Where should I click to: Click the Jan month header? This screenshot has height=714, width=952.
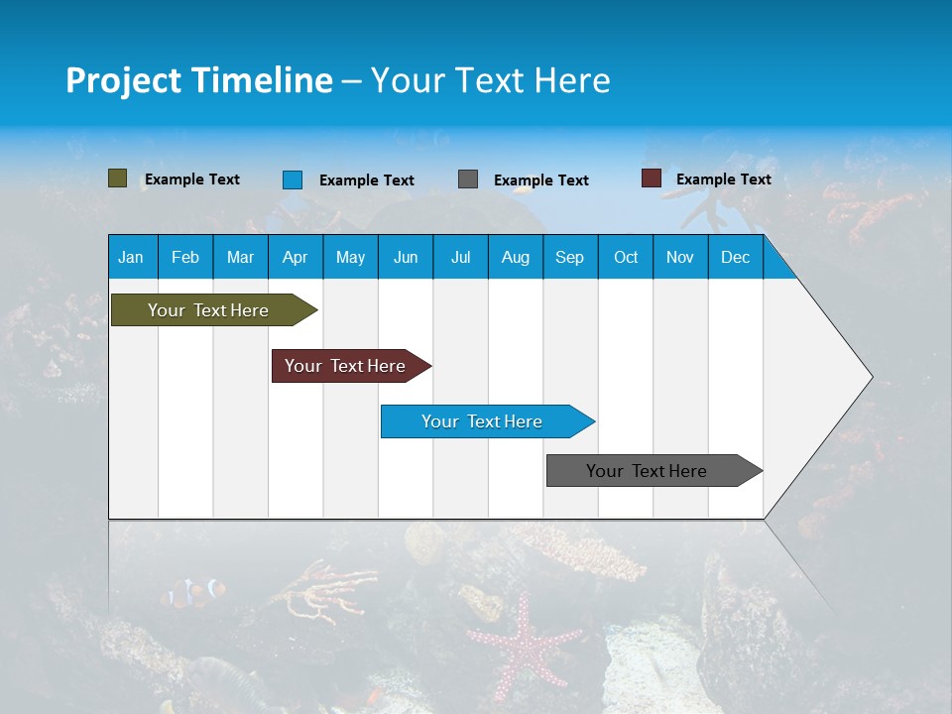(132, 257)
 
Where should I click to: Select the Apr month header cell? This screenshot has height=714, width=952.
(296, 257)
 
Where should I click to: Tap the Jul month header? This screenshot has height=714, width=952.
(460, 257)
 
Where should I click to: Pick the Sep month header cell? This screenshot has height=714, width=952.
(570, 257)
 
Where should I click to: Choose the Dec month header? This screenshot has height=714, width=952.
(735, 257)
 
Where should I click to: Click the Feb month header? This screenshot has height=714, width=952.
(185, 257)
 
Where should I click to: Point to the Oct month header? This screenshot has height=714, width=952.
(626, 257)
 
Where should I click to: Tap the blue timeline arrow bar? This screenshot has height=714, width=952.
(483, 421)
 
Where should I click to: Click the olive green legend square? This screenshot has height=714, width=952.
(118, 178)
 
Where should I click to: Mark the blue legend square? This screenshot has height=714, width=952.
(293, 179)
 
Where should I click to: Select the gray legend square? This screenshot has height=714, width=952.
(468, 179)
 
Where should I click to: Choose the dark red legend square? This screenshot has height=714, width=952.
(651, 178)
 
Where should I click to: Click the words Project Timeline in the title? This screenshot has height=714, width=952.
(199, 80)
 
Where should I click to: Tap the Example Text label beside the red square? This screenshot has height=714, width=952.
(723, 179)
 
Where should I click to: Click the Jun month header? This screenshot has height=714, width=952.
(406, 257)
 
